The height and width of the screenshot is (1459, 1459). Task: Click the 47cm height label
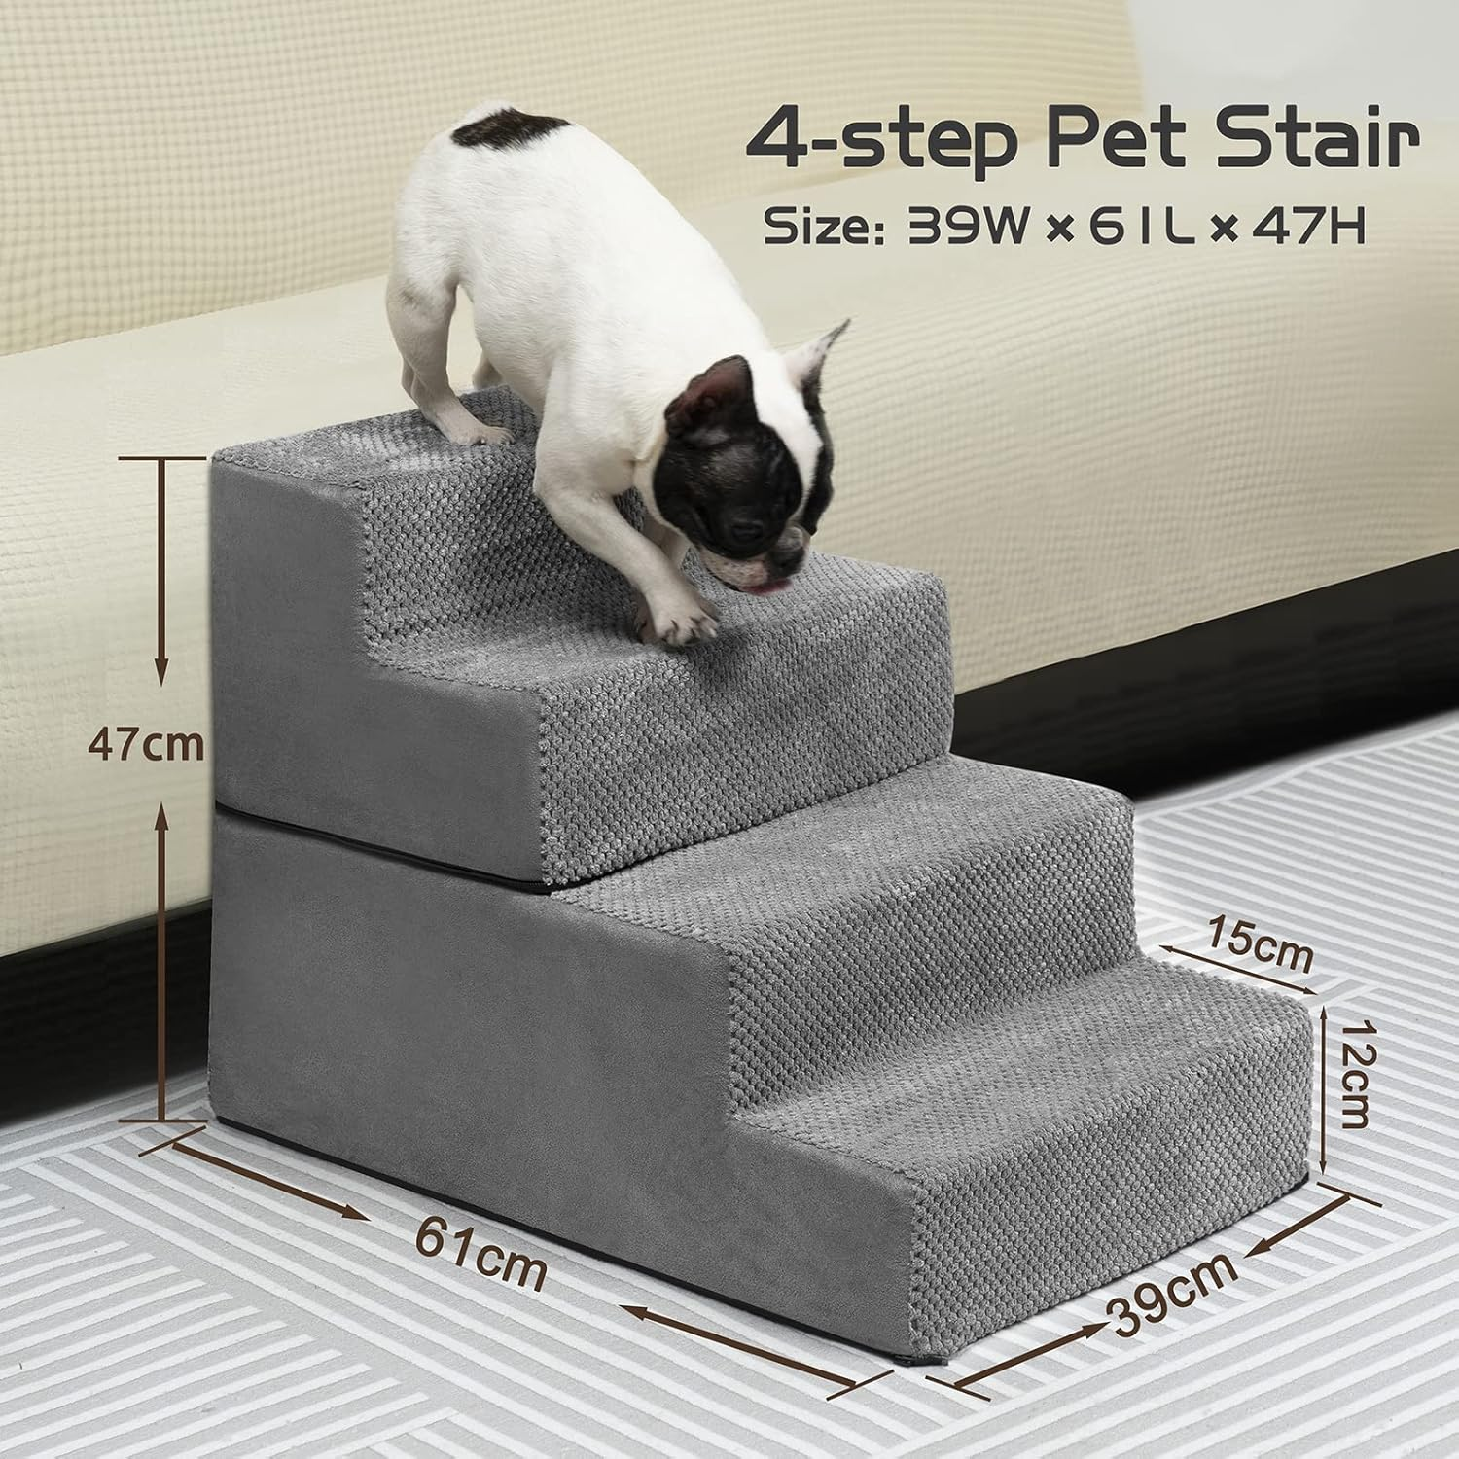pyautogui.click(x=145, y=745)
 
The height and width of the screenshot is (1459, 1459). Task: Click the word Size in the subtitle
pyautogui.click(x=819, y=227)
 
